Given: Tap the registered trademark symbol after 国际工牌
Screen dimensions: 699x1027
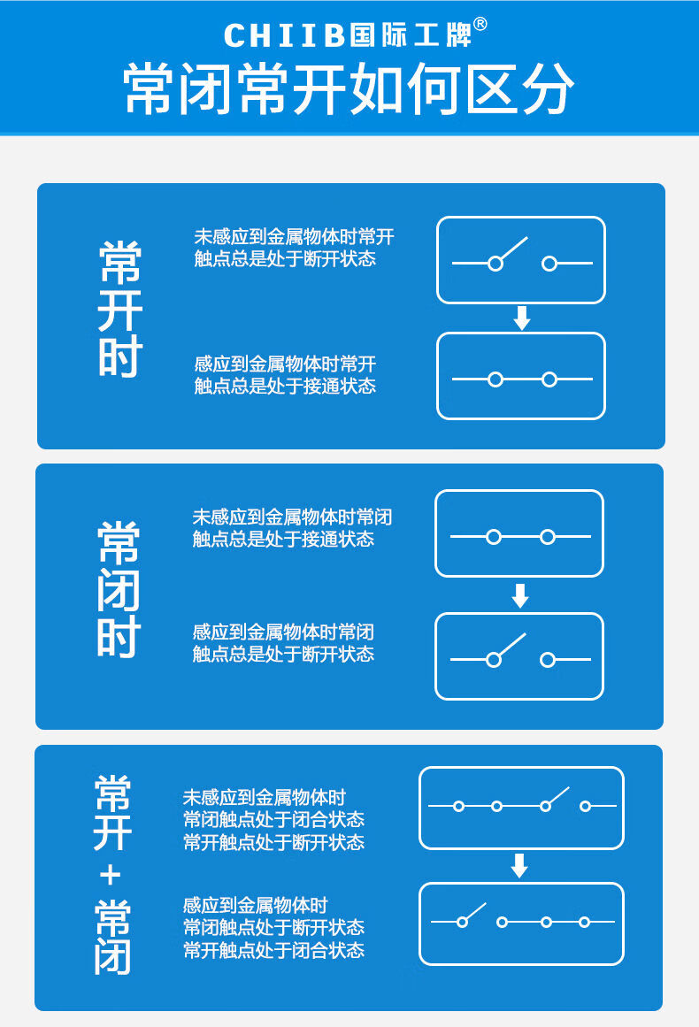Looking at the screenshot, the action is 480,25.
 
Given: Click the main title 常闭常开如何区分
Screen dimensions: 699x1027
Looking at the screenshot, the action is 349,89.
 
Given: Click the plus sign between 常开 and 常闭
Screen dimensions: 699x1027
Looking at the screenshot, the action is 111,876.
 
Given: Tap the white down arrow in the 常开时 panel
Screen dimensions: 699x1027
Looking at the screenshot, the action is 522,318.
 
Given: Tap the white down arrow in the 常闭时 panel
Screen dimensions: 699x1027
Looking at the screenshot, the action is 520,596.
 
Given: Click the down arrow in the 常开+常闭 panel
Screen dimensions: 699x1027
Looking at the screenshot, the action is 520,866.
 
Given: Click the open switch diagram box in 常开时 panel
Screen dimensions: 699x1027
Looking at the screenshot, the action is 521,260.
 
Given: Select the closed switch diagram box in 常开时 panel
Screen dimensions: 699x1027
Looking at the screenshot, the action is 521,376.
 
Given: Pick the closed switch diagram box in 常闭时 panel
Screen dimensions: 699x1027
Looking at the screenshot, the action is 519,533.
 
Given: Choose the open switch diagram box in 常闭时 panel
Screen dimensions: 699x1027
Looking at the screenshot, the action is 519,656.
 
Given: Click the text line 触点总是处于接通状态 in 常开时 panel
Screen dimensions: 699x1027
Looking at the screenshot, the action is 285,387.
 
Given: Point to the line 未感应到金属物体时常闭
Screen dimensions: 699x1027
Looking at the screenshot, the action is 292,517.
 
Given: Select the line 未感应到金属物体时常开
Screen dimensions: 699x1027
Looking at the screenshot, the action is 294,237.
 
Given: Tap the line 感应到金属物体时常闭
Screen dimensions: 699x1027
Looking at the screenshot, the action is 283,632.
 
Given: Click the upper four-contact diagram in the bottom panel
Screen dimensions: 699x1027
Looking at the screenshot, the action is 521,808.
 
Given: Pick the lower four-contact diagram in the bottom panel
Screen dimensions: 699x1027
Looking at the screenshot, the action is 521,924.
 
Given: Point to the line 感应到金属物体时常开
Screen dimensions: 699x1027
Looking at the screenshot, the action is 285,364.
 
